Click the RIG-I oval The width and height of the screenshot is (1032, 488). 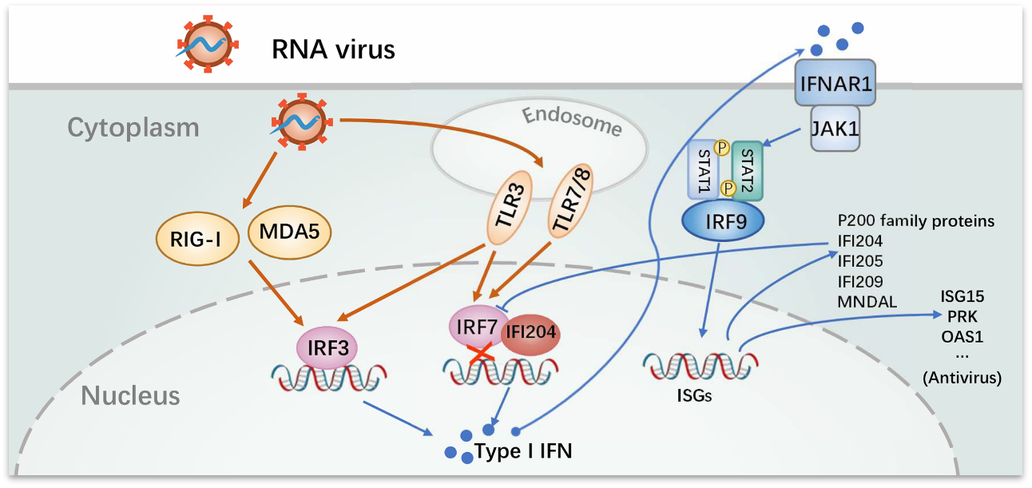click(x=196, y=237)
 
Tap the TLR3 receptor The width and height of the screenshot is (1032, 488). click(x=506, y=216)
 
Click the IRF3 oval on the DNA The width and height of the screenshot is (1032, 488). click(x=327, y=347)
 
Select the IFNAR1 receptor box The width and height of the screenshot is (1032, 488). click(x=836, y=83)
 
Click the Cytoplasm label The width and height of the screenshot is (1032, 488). click(x=133, y=127)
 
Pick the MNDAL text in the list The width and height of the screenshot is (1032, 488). click(x=867, y=300)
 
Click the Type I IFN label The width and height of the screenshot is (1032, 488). click(x=523, y=450)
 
